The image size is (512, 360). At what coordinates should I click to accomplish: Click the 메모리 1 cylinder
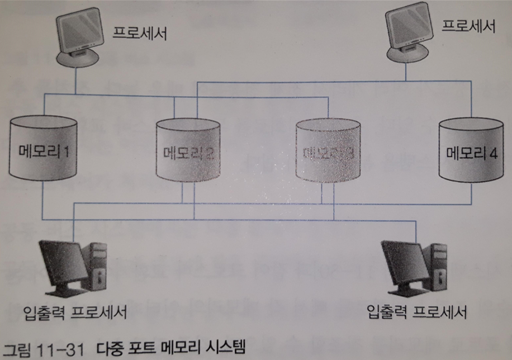44,150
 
